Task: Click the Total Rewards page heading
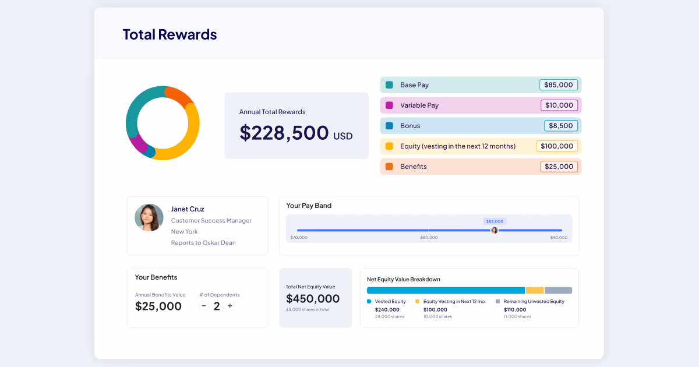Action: pos(170,34)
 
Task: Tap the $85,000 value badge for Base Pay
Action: pos(559,85)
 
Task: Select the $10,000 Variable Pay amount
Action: pos(559,105)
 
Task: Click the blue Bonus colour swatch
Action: pos(389,126)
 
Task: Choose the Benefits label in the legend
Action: pos(413,167)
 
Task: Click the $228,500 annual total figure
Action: pos(284,133)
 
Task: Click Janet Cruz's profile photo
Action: pos(149,217)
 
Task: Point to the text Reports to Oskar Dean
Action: pos(203,243)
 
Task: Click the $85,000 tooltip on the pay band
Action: pos(495,221)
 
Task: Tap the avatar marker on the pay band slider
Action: pos(494,230)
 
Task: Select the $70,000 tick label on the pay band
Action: pos(299,238)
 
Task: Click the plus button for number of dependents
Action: pos(230,306)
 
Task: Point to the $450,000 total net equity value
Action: pos(313,299)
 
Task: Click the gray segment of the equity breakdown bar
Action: pos(558,290)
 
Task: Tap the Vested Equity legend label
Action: pos(390,302)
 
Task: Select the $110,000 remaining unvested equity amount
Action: pos(514,310)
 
